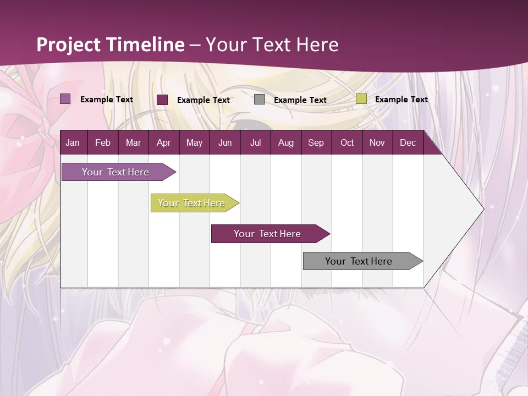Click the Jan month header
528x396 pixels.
click(x=73, y=143)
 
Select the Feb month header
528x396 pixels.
click(x=103, y=143)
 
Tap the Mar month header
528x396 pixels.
click(x=133, y=143)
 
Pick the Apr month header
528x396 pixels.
click(x=163, y=143)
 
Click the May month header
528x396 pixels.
click(x=194, y=143)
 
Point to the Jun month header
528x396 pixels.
click(x=225, y=143)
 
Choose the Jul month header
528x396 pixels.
click(x=255, y=143)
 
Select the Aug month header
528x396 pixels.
click(x=285, y=143)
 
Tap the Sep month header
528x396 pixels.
click(x=316, y=143)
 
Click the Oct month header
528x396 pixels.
click(x=347, y=143)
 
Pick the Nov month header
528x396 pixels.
click(x=377, y=143)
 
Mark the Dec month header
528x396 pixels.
click(x=408, y=143)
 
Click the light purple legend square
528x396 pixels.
click(x=65, y=99)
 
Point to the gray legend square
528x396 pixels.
click(x=260, y=100)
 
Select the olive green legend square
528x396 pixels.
click(x=361, y=99)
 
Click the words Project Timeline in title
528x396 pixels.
click(x=111, y=45)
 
